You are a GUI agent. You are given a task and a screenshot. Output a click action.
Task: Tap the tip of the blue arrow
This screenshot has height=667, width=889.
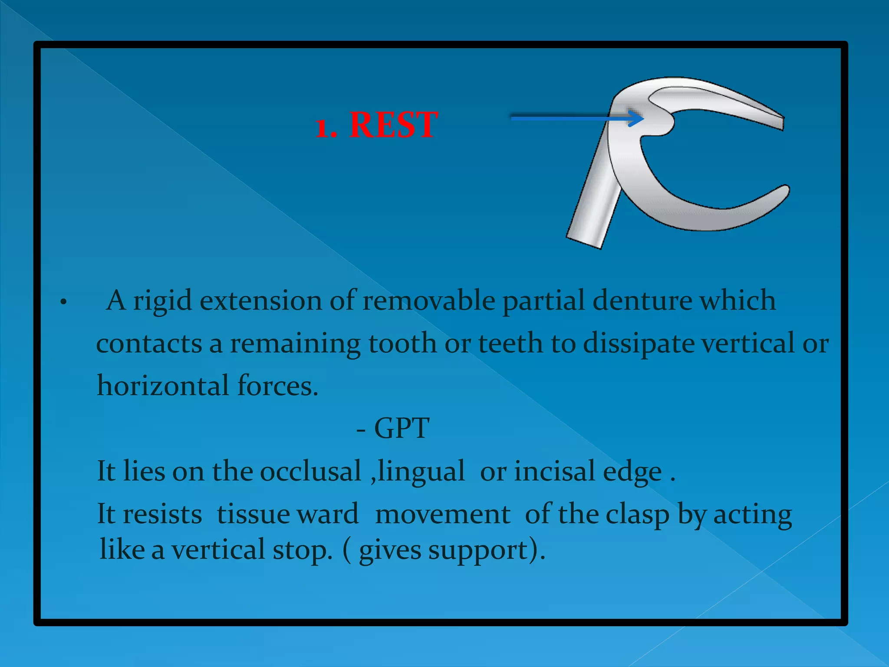click(643, 118)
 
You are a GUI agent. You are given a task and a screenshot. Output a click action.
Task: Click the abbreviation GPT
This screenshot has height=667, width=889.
click(402, 429)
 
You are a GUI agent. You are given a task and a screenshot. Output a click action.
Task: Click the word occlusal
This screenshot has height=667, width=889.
click(310, 471)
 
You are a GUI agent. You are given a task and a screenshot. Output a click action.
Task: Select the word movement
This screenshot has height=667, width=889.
click(442, 515)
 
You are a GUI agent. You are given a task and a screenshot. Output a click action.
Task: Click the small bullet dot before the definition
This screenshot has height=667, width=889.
click(63, 302)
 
